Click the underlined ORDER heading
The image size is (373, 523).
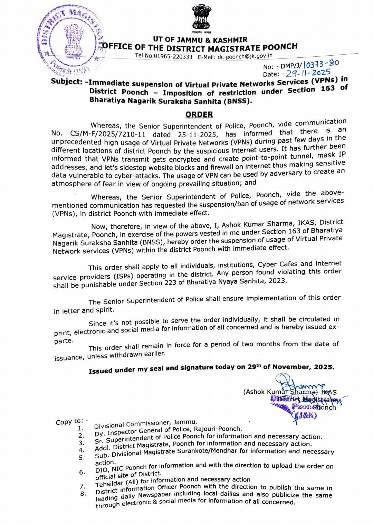click(199, 114)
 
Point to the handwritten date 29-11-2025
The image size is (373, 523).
click(308, 73)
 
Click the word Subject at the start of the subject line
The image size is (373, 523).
click(66, 82)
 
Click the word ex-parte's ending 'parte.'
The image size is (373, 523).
click(64, 341)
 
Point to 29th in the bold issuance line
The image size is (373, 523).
click(254, 367)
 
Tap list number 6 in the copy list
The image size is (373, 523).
click(82, 472)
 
